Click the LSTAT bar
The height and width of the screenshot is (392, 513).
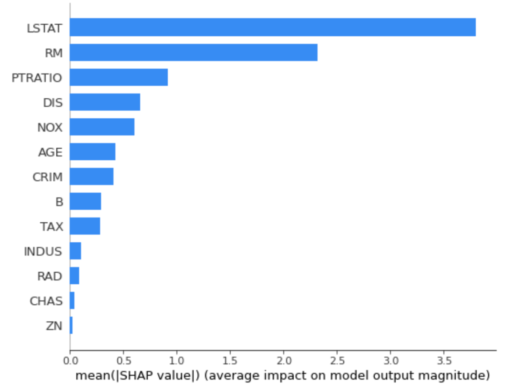pos(272,27)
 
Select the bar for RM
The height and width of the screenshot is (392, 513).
pos(193,52)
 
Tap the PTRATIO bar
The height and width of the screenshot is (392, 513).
pos(119,77)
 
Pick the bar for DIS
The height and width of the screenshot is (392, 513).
pos(105,102)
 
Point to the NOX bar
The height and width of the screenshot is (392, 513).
pos(102,127)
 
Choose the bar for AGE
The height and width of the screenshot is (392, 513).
pos(92,152)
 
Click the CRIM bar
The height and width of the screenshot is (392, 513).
pos(92,176)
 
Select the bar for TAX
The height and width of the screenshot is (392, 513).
pos(85,226)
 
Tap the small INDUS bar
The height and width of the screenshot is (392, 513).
pos(75,251)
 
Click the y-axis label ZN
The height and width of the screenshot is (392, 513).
pos(54,326)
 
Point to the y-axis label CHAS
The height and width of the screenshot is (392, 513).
pos(46,301)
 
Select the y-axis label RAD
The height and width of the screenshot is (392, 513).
pos(50,277)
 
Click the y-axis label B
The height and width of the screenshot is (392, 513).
pos(59,202)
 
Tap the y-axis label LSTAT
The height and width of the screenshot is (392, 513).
pos(44,28)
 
